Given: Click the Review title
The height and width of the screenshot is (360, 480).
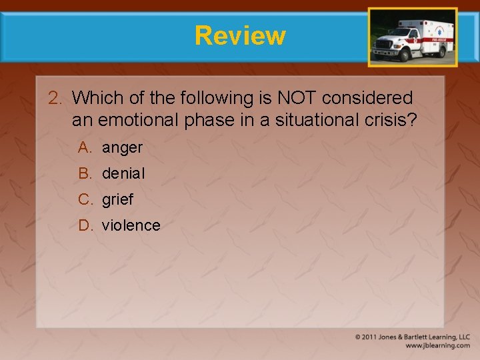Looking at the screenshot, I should [x=240, y=35].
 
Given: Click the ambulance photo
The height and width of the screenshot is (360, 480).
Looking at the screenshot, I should [x=413, y=37].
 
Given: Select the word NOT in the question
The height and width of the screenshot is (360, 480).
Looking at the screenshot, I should [x=297, y=98].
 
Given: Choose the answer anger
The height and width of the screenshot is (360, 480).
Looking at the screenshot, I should [x=122, y=147].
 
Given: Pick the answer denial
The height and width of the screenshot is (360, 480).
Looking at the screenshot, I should [x=123, y=173].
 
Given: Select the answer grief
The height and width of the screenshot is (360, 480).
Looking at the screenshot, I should [x=118, y=199].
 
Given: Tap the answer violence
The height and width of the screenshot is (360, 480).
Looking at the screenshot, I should [x=131, y=225].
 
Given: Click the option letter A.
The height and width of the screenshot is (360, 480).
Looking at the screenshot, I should [x=84, y=147].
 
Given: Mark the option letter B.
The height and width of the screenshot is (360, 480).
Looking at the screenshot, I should [x=84, y=173].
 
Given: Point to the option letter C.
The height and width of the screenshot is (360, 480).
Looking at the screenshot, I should [x=84, y=199].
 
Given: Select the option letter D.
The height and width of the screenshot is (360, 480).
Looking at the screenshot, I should [x=84, y=225].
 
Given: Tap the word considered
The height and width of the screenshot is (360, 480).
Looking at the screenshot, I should [x=367, y=98].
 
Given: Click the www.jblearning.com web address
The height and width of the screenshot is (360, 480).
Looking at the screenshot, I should [x=437, y=345].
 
